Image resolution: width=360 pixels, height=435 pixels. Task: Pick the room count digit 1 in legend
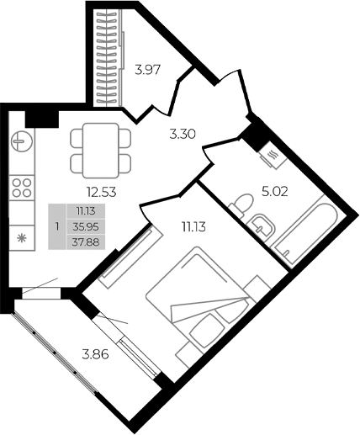pos(57,226)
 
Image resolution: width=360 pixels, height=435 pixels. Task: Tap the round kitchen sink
pos(21,141)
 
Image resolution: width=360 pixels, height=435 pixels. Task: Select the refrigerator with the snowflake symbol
pos(21,238)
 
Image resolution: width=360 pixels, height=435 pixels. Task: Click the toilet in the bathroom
pos(243,204)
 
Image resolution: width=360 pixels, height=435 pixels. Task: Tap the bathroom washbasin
pos(262,226)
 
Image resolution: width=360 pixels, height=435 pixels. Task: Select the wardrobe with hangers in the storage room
pos(107,59)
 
